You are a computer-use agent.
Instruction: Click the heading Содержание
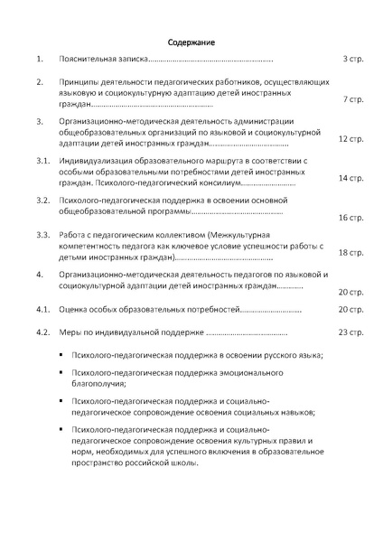(x=191, y=42)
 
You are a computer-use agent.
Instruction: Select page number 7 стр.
(x=353, y=99)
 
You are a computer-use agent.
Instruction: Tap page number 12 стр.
(x=350, y=140)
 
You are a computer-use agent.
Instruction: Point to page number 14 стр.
(x=350, y=178)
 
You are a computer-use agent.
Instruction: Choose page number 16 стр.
(x=350, y=218)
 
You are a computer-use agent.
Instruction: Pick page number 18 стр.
(x=350, y=253)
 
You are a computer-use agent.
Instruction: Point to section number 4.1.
(x=42, y=309)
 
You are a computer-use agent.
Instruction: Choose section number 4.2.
(x=42, y=332)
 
